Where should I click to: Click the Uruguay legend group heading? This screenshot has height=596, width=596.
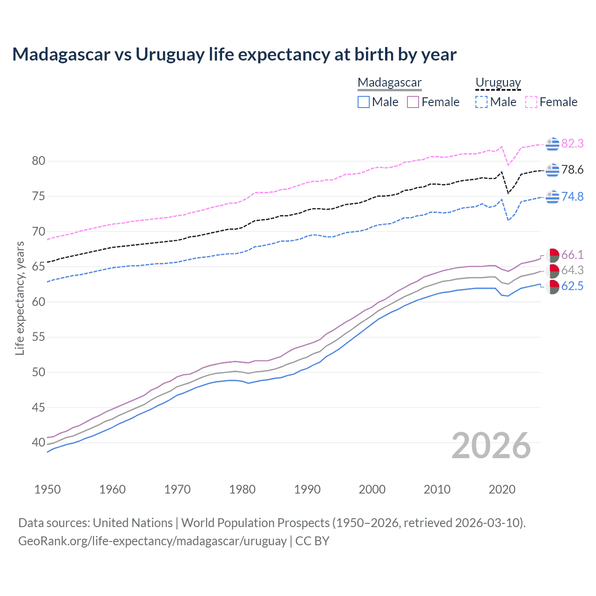(498, 82)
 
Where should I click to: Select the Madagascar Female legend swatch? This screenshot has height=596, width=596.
(413, 102)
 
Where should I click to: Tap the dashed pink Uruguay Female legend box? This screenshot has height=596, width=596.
(531, 102)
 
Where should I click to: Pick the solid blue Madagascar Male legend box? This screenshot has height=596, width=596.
(364, 102)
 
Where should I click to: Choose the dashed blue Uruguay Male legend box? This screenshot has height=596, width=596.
(481, 102)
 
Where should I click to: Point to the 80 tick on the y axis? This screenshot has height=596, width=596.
(39, 161)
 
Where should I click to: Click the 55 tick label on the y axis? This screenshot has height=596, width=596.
(39, 337)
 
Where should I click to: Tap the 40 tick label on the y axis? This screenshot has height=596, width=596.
(39, 442)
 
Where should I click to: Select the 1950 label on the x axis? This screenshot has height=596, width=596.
(47, 489)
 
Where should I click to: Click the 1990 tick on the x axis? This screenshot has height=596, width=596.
(307, 489)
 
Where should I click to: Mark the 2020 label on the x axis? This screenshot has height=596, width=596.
(502, 489)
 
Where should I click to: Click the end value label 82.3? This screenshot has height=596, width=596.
(572, 143)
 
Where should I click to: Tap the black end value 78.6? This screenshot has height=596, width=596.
(572, 170)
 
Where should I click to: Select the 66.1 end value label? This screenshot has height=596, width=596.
(572, 255)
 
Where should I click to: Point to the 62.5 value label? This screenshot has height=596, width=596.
(572, 286)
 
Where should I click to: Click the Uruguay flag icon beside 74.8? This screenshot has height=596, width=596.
(552, 197)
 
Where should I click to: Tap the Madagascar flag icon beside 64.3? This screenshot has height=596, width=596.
(552, 271)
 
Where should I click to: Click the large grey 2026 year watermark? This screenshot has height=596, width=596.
(491, 446)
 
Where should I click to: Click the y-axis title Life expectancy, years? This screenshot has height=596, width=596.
(20, 298)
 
